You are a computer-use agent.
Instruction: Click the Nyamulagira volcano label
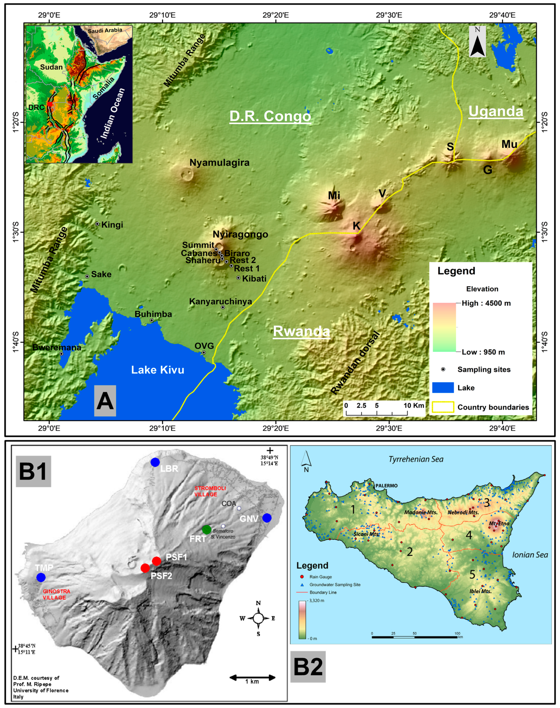tap(219, 163)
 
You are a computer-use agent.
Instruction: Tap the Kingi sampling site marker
tap(97, 224)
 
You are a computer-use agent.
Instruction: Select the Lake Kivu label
tap(158, 370)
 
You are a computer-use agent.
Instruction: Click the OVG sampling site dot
tap(204, 353)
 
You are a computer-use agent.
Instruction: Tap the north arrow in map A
tap(477, 42)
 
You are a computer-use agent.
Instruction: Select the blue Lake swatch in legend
tap(443, 387)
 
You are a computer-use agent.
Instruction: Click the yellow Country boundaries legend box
tap(443, 407)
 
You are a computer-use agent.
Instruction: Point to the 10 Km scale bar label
tap(414, 406)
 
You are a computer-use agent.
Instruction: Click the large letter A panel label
tap(105, 401)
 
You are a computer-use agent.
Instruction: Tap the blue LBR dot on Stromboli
tap(155, 462)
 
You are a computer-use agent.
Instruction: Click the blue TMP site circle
tap(41, 577)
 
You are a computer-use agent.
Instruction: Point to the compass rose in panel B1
tap(258, 618)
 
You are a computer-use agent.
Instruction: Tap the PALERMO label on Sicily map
tap(387, 485)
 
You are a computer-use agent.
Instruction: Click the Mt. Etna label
tap(499, 524)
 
